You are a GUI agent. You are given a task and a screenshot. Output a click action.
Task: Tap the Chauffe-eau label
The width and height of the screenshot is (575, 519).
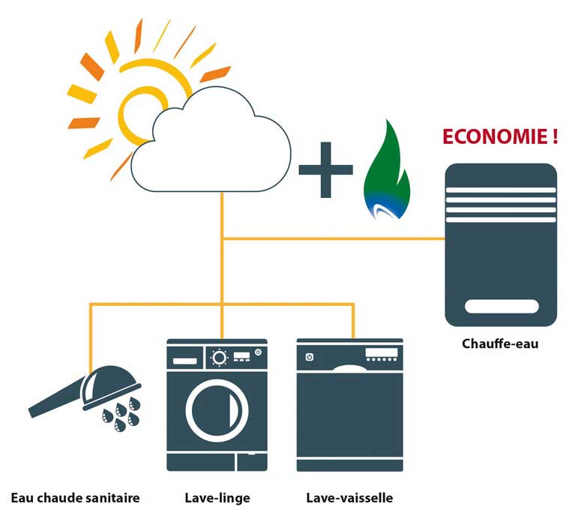pos(500,344)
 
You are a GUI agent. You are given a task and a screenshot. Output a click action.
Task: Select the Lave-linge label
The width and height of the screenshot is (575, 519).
pos(217,497)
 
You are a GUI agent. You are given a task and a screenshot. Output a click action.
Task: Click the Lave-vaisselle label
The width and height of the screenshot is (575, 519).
pos(349,497)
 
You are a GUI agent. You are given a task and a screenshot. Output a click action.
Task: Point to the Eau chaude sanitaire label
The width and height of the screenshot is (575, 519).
pos(75,497)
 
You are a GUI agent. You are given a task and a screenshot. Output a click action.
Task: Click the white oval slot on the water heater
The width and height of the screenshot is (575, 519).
pos(502,306)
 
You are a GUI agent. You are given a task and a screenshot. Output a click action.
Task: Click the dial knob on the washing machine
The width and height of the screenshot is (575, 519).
pos(219,357)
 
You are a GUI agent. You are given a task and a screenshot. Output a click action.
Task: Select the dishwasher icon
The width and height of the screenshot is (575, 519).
pos(349,405)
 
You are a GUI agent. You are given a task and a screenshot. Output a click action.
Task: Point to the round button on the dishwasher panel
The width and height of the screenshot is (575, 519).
pos(307,357)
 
